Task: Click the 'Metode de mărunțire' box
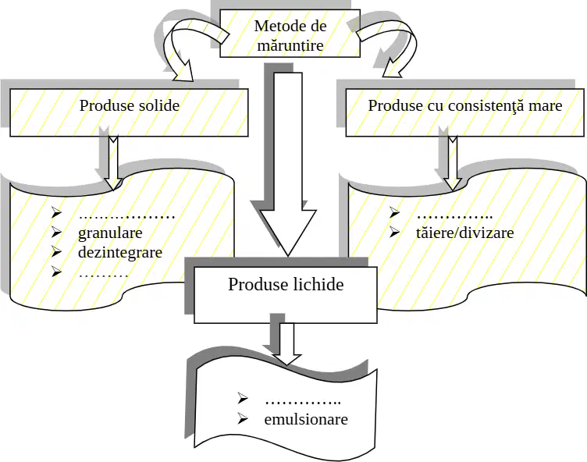pos(290,34)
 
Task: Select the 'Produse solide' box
pos(129,112)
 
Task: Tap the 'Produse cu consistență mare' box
pos(464,112)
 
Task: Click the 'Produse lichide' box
pos(285,295)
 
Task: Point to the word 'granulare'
pos(110,233)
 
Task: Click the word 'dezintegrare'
pos(120,252)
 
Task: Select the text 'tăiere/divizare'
pos(464,233)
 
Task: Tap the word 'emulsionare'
pos(306,418)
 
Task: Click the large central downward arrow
pos(288,165)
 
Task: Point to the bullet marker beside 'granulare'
pos(56,232)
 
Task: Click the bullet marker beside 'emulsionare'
pos(242,418)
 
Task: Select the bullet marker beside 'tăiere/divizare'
pos(394,232)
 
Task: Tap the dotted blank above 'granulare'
pos(127,217)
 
